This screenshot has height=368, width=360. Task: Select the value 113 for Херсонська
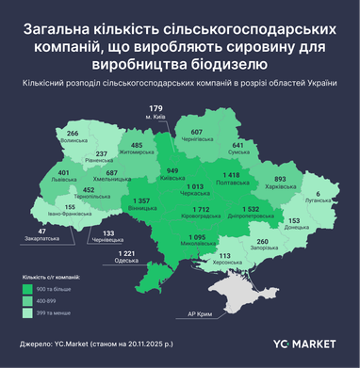[x=224, y=255]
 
